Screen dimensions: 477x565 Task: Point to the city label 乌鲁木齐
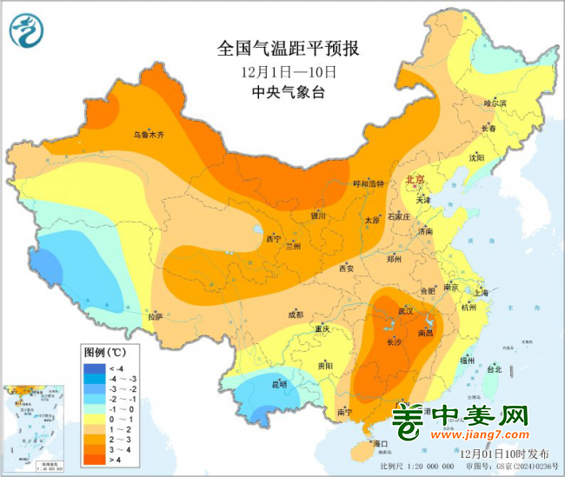click(x=148, y=135)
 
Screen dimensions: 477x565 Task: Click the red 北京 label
click(x=415, y=179)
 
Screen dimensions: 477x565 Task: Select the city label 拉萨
click(x=155, y=316)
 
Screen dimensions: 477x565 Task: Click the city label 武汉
click(x=406, y=310)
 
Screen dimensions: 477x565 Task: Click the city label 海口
click(x=378, y=444)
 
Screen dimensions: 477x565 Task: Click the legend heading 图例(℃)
click(x=104, y=353)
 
